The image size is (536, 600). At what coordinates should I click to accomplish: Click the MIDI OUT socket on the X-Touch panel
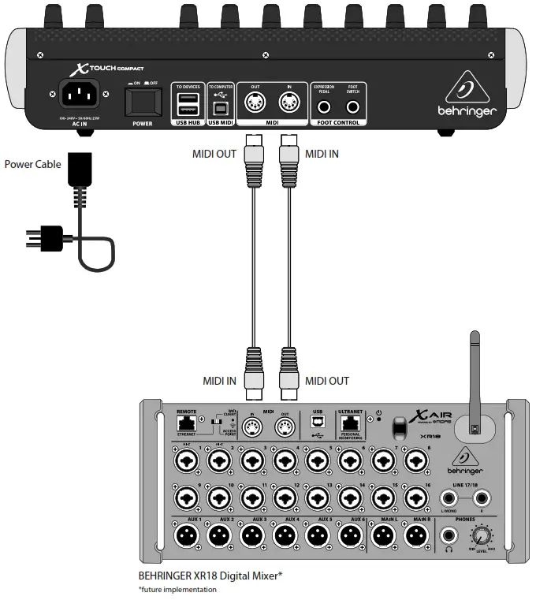click(255, 103)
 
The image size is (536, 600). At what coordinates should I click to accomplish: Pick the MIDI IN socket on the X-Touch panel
click(288, 103)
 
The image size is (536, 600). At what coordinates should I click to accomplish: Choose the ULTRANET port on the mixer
click(349, 425)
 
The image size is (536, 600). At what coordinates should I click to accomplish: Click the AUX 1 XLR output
click(184, 536)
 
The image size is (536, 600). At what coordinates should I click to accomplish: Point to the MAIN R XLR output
click(415, 536)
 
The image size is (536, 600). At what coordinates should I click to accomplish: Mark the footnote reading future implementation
click(177, 589)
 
